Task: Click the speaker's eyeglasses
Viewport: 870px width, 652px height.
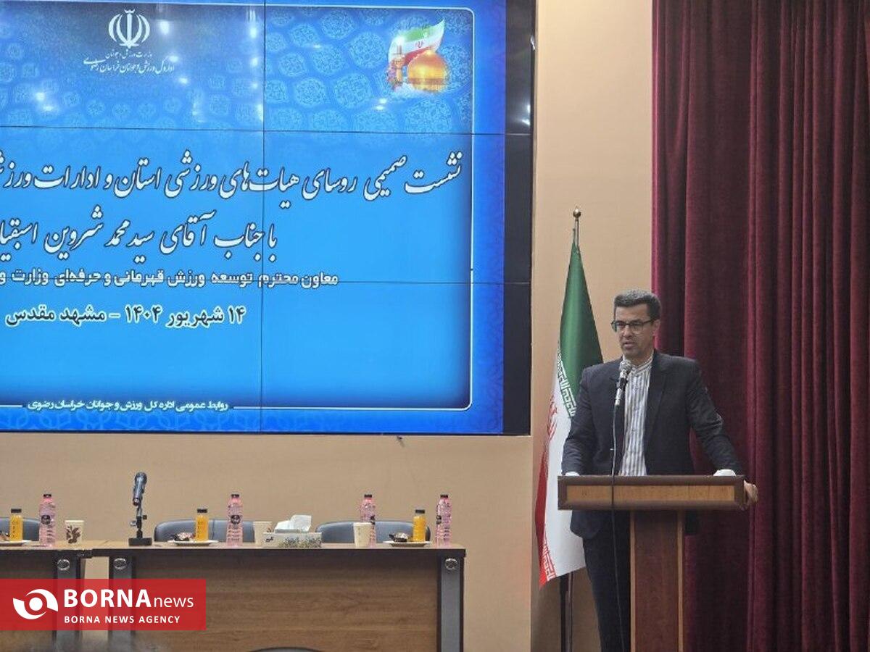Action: pyautogui.click(x=632, y=325)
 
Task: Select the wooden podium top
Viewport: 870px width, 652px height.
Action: pyautogui.click(x=651, y=491)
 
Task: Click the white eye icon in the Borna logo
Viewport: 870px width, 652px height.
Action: pyautogui.click(x=35, y=604)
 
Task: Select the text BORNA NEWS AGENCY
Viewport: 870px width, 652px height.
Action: pyautogui.click(x=122, y=619)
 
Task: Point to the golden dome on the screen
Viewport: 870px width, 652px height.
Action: pyautogui.click(x=428, y=70)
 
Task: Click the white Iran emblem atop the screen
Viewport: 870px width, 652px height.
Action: pyautogui.click(x=129, y=29)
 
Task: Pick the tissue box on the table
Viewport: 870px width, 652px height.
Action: pyautogui.click(x=292, y=533)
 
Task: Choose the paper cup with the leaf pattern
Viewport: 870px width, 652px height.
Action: pyautogui.click(x=74, y=531)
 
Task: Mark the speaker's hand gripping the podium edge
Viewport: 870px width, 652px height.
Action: pyautogui.click(x=750, y=492)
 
